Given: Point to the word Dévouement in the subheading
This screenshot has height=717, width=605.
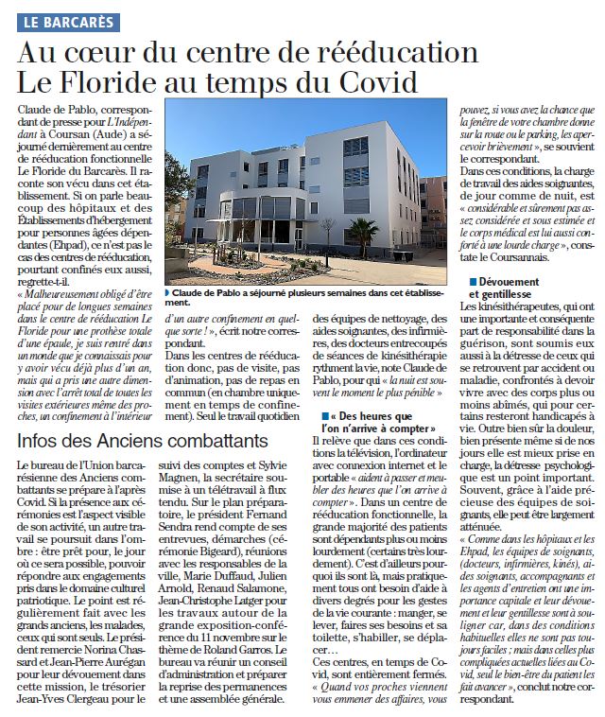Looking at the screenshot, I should point(511,283).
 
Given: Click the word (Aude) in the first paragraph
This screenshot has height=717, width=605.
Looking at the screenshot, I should point(113,136).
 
